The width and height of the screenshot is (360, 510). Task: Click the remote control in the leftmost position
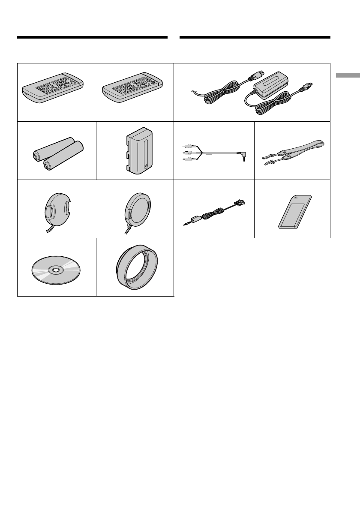[53, 87]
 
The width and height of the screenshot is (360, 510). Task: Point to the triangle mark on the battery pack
[146, 164]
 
